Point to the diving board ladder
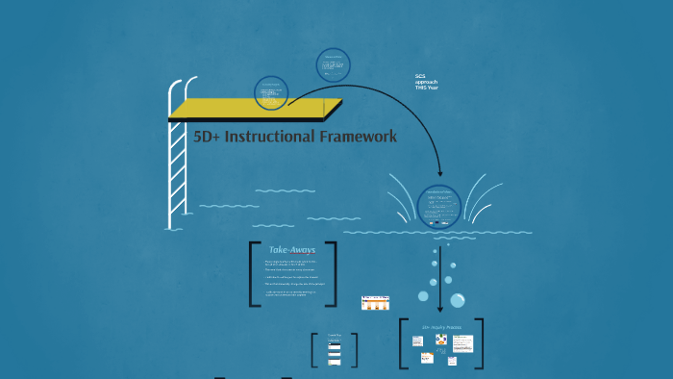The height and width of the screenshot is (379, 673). coord(177,164)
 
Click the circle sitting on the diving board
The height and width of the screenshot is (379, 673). coord(272,94)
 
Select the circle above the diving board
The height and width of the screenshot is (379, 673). coord(333,65)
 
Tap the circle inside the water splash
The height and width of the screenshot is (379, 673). coord(440,204)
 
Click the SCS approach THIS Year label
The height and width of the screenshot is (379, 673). coord(426,82)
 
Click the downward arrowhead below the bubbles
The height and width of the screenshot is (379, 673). coord(440,310)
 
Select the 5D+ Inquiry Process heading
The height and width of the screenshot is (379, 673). coord(441,327)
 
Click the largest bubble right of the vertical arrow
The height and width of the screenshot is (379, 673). coord(458,300)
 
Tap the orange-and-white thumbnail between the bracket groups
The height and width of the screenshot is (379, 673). coord(375,302)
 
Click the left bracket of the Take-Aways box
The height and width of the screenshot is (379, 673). coord(253,274)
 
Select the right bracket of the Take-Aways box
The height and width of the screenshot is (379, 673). coord(333,274)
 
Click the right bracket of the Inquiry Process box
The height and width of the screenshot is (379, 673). coord(480,343)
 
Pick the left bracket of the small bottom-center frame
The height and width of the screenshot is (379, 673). coord(314,349)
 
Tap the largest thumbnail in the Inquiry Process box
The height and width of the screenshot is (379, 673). coord(462,343)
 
